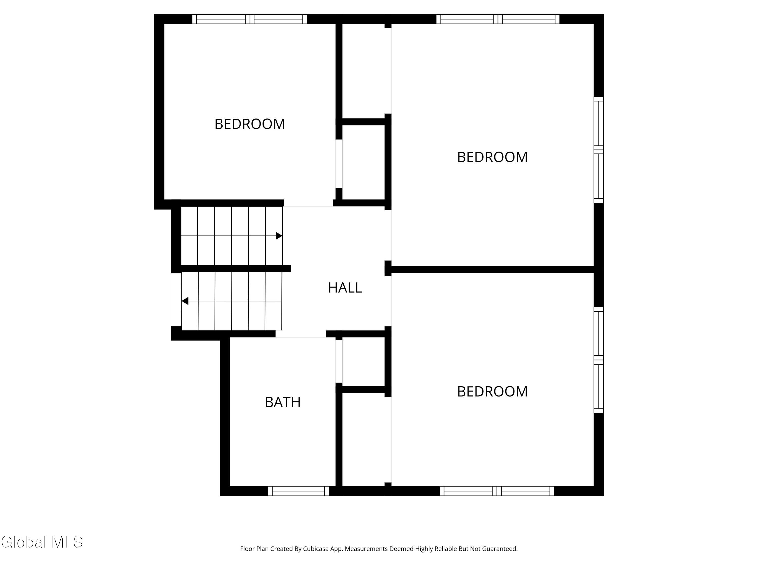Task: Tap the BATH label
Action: click(x=283, y=402)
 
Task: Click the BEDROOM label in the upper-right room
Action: click(x=492, y=157)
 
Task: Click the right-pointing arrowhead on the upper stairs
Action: click(x=279, y=236)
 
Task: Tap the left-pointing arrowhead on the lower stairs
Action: click(x=185, y=301)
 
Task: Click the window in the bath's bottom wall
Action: click(x=298, y=491)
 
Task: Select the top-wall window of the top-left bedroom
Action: click(x=249, y=19)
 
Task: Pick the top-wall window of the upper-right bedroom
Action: click(x=498, y=19)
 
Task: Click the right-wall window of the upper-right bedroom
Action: click(x=598, y=150)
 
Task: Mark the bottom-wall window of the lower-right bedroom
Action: click(x=496, y=491)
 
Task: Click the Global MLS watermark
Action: click(x=42, y=542)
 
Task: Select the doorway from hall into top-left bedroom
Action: click(x=308, y=203)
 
